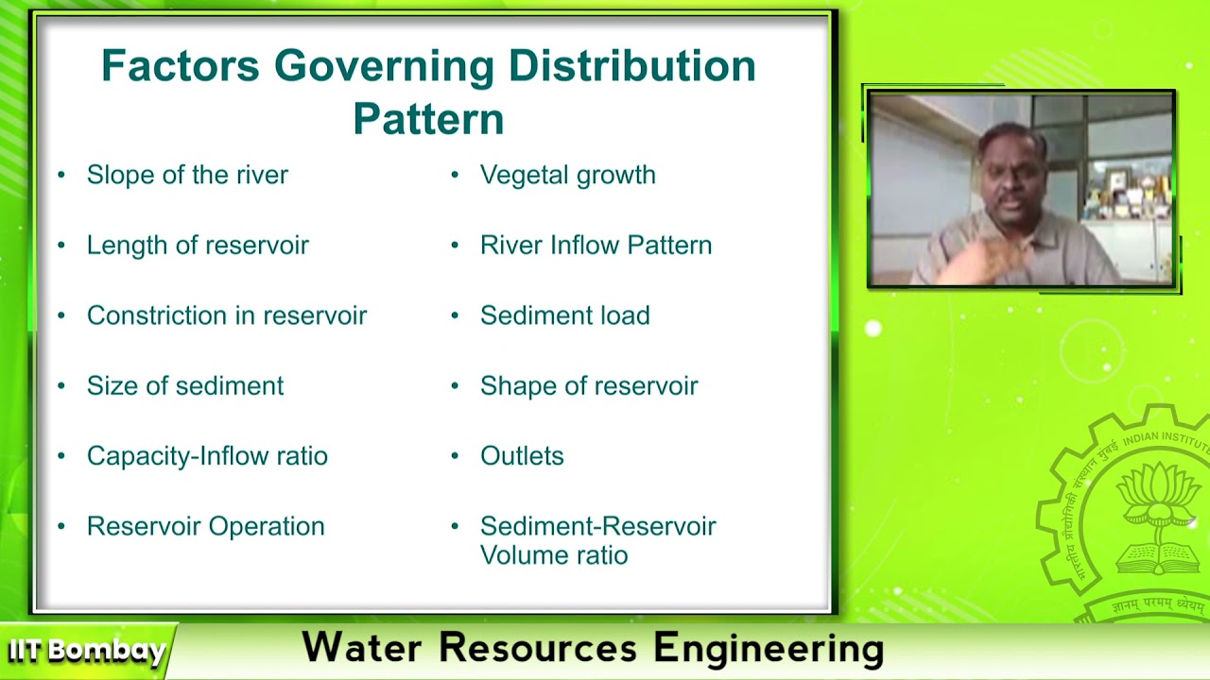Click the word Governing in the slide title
click(x=383, y=66)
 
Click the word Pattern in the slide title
click(x=428, y=120)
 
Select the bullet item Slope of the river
click(x=187, y=175)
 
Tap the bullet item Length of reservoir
click(x=198, y=246)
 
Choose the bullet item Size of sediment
click(x=185, y=386)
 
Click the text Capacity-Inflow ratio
click(x=207, y=456)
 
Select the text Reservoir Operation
click(x=205, y=526)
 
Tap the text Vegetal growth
click(x=567, y=175)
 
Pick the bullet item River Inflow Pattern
click(x=596, y=246)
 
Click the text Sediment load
click(x=564, y=315)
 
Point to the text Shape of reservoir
click(x=589, y=386)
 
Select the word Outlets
click(x=522, y=456)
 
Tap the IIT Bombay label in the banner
click(x=87, y=651)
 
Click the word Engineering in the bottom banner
click(x=768, y=649)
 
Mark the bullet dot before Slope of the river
click(x=61, y=175)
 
